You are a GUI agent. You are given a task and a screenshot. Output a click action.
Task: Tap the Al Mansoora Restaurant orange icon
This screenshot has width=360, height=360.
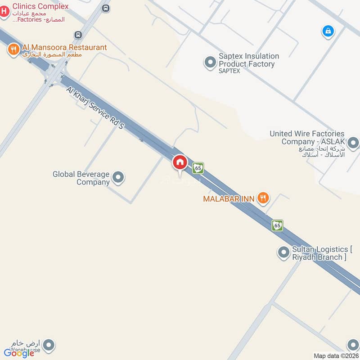[13, 49]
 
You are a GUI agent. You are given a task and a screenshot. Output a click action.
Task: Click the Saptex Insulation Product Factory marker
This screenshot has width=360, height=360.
[210, 62]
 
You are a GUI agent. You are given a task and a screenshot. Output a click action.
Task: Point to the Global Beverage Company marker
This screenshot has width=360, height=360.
[118, 177]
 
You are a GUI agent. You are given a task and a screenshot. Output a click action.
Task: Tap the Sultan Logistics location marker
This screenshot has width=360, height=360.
[283, 253]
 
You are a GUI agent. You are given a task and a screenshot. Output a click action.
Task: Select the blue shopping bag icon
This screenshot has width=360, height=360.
[328, 31]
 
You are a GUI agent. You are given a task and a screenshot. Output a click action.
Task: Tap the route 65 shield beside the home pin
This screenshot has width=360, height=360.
[198, 168]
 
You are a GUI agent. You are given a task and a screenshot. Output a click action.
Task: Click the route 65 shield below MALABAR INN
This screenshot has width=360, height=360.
[277, 225]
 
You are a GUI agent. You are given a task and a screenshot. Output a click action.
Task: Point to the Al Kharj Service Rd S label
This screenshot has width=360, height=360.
[95, 108]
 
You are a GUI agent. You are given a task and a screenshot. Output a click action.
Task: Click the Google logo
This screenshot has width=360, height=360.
[19, 353]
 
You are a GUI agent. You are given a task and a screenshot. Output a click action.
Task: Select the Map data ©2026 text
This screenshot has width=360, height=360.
[336, 356]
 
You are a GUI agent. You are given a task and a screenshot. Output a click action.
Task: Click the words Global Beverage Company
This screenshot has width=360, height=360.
[81, 178]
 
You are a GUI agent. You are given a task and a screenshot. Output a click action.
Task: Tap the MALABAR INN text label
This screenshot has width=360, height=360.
[229, 198]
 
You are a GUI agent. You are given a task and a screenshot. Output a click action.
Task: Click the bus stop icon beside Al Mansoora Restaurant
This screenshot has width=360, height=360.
[78, 35]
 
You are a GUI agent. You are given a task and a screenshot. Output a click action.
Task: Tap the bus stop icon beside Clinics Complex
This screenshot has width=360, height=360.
[106, 8]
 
